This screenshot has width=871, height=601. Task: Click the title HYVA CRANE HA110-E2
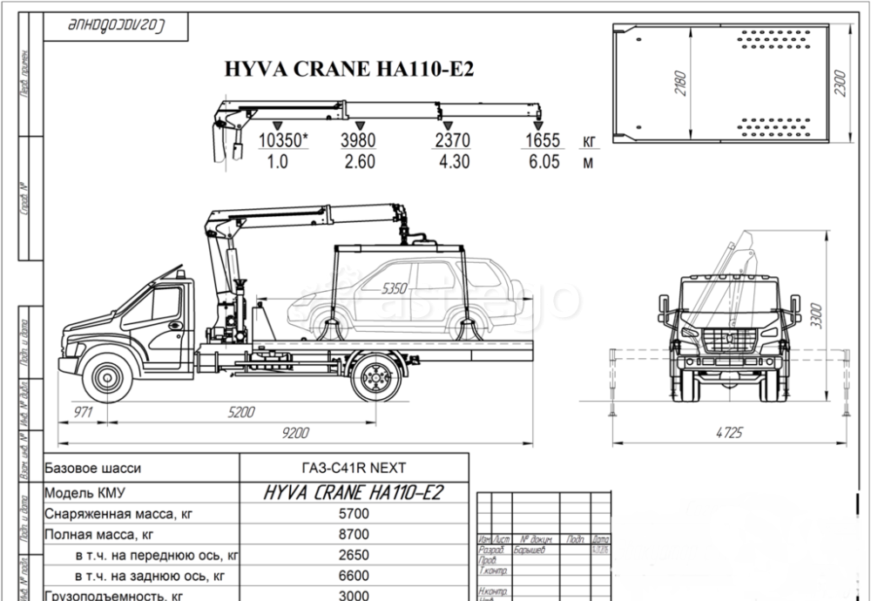point(349,70)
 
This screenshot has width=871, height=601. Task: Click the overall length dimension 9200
point(296,432)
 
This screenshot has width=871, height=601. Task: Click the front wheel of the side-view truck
point(108,376)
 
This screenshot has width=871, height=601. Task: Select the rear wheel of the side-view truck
point(377,376)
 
